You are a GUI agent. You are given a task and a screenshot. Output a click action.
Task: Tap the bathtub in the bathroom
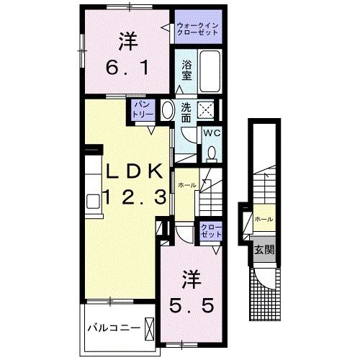210,71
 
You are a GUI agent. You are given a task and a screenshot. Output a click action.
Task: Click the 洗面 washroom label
186,112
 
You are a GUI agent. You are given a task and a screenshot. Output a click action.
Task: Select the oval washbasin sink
166,111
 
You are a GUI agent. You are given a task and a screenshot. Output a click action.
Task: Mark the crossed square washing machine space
207,111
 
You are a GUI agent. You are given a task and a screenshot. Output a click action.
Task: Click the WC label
211,134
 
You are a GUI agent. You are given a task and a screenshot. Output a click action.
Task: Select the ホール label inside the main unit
186,185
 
